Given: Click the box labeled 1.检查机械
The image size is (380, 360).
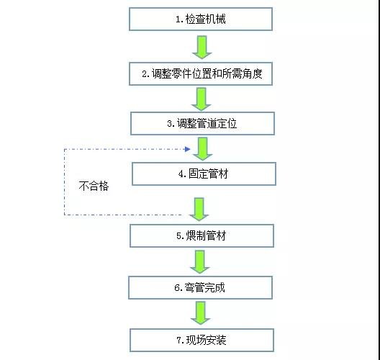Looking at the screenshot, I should point(202,19).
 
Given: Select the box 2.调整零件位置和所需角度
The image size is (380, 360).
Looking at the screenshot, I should point(202,73).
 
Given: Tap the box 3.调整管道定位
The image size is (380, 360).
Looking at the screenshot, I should point(202,123).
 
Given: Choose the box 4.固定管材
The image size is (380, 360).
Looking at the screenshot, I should point(204,173).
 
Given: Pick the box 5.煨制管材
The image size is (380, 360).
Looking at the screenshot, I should point(202,235).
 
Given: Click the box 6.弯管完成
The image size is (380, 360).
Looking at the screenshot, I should point(202,288).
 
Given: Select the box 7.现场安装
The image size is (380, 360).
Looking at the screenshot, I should point(202,339).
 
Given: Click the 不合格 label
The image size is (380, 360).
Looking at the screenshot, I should point(93,185).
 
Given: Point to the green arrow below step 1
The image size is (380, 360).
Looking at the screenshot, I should point(202,46).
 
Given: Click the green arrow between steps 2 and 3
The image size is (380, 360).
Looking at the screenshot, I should point(202,97).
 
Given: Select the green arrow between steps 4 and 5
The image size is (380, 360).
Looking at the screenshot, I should point(199,207).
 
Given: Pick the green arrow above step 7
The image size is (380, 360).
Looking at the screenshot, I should point(202,313).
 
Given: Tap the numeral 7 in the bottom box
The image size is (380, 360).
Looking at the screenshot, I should point(177,339).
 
